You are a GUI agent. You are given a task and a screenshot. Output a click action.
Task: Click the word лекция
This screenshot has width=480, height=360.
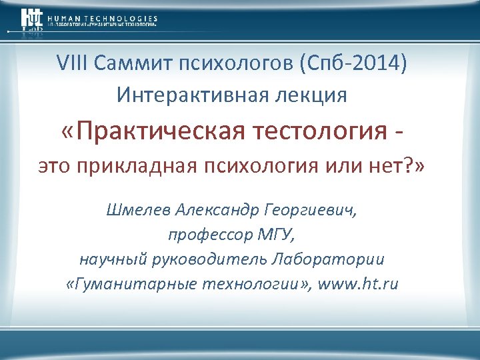308,95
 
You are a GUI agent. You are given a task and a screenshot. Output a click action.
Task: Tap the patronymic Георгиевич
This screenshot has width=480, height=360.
315,211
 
